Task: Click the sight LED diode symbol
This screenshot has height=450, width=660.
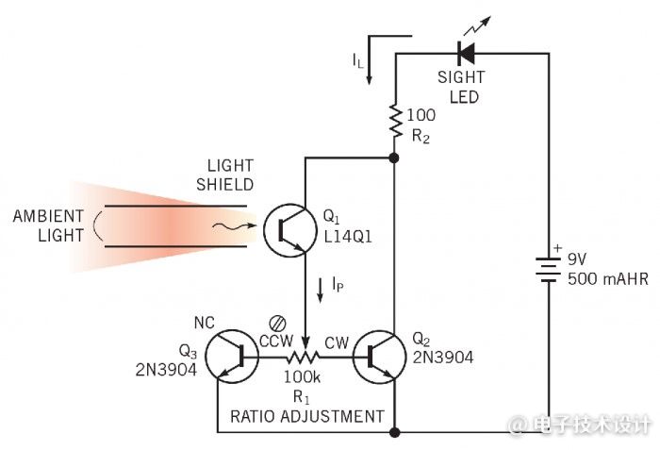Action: pos(466,53)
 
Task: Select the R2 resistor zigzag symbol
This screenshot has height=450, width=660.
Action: pos(396,121)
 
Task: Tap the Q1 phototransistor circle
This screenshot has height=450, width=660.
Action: pos(290,229)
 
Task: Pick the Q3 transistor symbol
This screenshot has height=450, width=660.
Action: pos(232,357)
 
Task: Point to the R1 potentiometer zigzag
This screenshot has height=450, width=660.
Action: pos(303,358)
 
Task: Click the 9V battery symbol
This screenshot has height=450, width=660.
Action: pos(549,270)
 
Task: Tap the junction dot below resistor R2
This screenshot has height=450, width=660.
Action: pos(394,158)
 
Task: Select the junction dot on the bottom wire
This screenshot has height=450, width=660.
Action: pos(395,432)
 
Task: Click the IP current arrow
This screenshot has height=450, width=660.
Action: pos(320,291)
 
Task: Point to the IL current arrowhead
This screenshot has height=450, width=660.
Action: pos(370,80)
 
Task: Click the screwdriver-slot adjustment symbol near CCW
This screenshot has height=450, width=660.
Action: pos(278,324)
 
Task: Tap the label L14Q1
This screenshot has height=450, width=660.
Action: pos(348,237)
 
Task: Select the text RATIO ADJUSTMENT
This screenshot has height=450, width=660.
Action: pos(307,416)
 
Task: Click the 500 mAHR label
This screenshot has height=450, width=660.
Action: pos(608,279)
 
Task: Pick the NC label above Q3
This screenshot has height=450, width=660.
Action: pos(205,323)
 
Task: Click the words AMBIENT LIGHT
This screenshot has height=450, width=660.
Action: pos(48,225)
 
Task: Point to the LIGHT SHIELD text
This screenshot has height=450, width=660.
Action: pos(225,175)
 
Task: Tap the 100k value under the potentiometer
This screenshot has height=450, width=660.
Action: pos(302,377)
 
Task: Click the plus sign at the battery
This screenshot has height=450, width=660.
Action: pos(558,248)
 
